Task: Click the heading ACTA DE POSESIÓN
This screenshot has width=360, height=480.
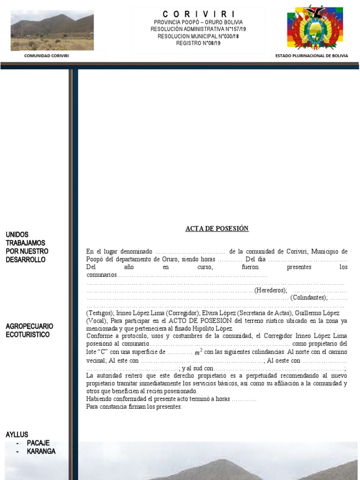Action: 217,229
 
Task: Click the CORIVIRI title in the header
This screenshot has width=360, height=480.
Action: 199,14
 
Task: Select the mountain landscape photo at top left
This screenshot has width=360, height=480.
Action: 52,30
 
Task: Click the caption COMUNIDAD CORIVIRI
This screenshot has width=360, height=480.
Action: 50,56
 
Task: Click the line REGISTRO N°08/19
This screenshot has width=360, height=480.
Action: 198,43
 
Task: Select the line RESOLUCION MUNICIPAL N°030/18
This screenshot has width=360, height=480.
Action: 198,36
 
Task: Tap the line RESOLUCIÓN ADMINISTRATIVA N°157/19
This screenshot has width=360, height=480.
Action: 198,29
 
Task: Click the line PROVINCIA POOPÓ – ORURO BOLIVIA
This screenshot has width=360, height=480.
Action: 198,22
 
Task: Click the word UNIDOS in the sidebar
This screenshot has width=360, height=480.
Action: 17,234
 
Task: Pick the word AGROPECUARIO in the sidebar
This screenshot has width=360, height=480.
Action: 30,326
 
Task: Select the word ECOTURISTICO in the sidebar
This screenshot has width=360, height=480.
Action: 28,335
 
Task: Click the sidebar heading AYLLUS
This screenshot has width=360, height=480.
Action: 17,435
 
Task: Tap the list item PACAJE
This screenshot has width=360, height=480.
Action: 38,443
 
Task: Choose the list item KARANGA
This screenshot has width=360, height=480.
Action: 41,451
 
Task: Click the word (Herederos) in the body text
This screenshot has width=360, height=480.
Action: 270,291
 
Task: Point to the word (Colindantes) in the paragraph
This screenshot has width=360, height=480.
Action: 309,298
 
